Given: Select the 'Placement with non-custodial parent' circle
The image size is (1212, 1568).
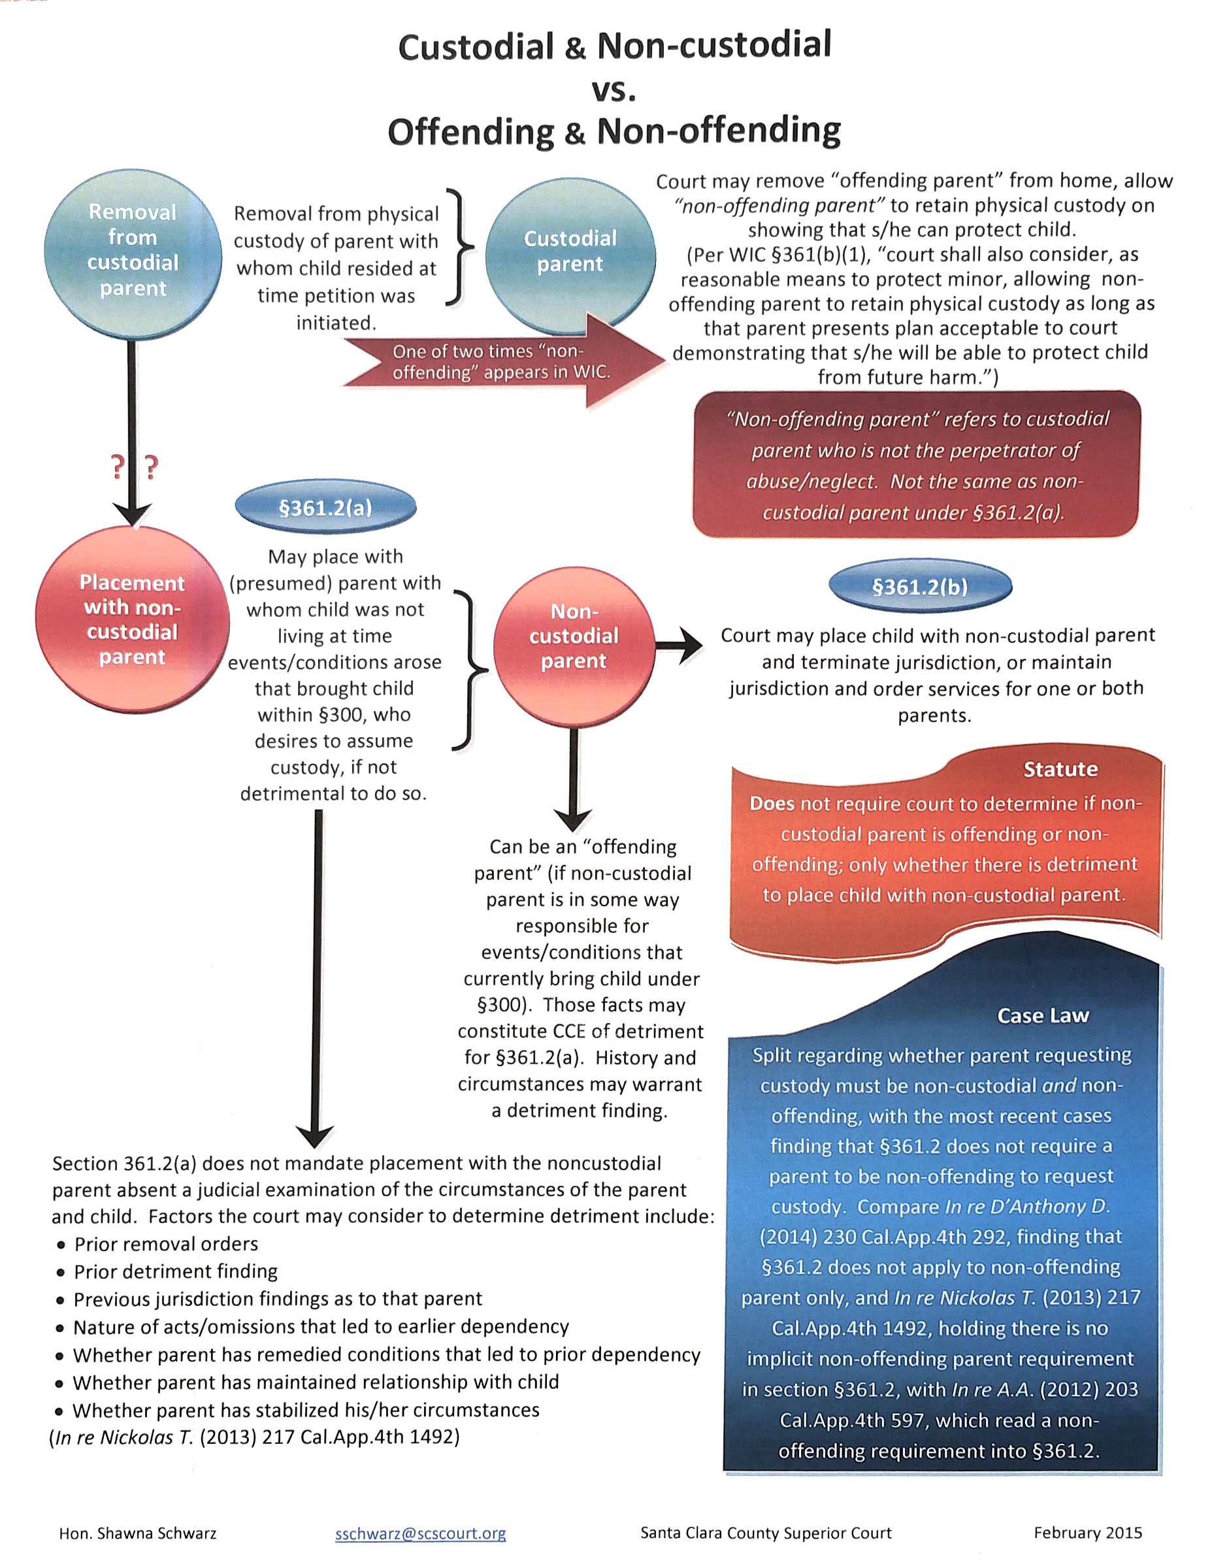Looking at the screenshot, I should pos(132,619).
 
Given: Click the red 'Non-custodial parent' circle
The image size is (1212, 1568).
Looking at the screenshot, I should pos(574,637).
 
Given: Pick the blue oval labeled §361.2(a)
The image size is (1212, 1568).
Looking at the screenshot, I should pos(325,508).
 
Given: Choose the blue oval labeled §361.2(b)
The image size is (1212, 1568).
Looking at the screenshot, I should pos(920,587).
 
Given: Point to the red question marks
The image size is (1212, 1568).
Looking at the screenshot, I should pos(133,467).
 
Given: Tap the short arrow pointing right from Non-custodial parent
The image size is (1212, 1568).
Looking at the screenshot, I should pos(680,644).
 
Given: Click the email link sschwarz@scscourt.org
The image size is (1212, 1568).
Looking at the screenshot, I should pos(420,1533).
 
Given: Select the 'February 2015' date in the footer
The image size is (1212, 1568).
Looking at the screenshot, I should pos(1088,1533).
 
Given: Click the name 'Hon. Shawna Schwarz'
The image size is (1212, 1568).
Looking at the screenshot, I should pos(138,1533).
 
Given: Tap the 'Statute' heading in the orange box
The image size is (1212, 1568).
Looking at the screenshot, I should pos(1060,770).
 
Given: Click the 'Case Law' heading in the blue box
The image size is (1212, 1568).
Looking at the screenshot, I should pos(1043,1016).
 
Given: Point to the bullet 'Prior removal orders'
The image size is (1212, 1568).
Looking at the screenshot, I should pos(166,1244).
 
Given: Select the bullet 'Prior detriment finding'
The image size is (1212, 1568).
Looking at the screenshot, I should pos(176,1271).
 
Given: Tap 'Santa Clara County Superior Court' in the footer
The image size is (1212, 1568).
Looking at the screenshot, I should pos(765,1533).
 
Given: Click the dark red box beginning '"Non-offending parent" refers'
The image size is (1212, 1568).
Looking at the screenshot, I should pos(916,465).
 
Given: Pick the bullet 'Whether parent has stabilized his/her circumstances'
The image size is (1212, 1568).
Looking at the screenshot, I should pos(306,1410).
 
